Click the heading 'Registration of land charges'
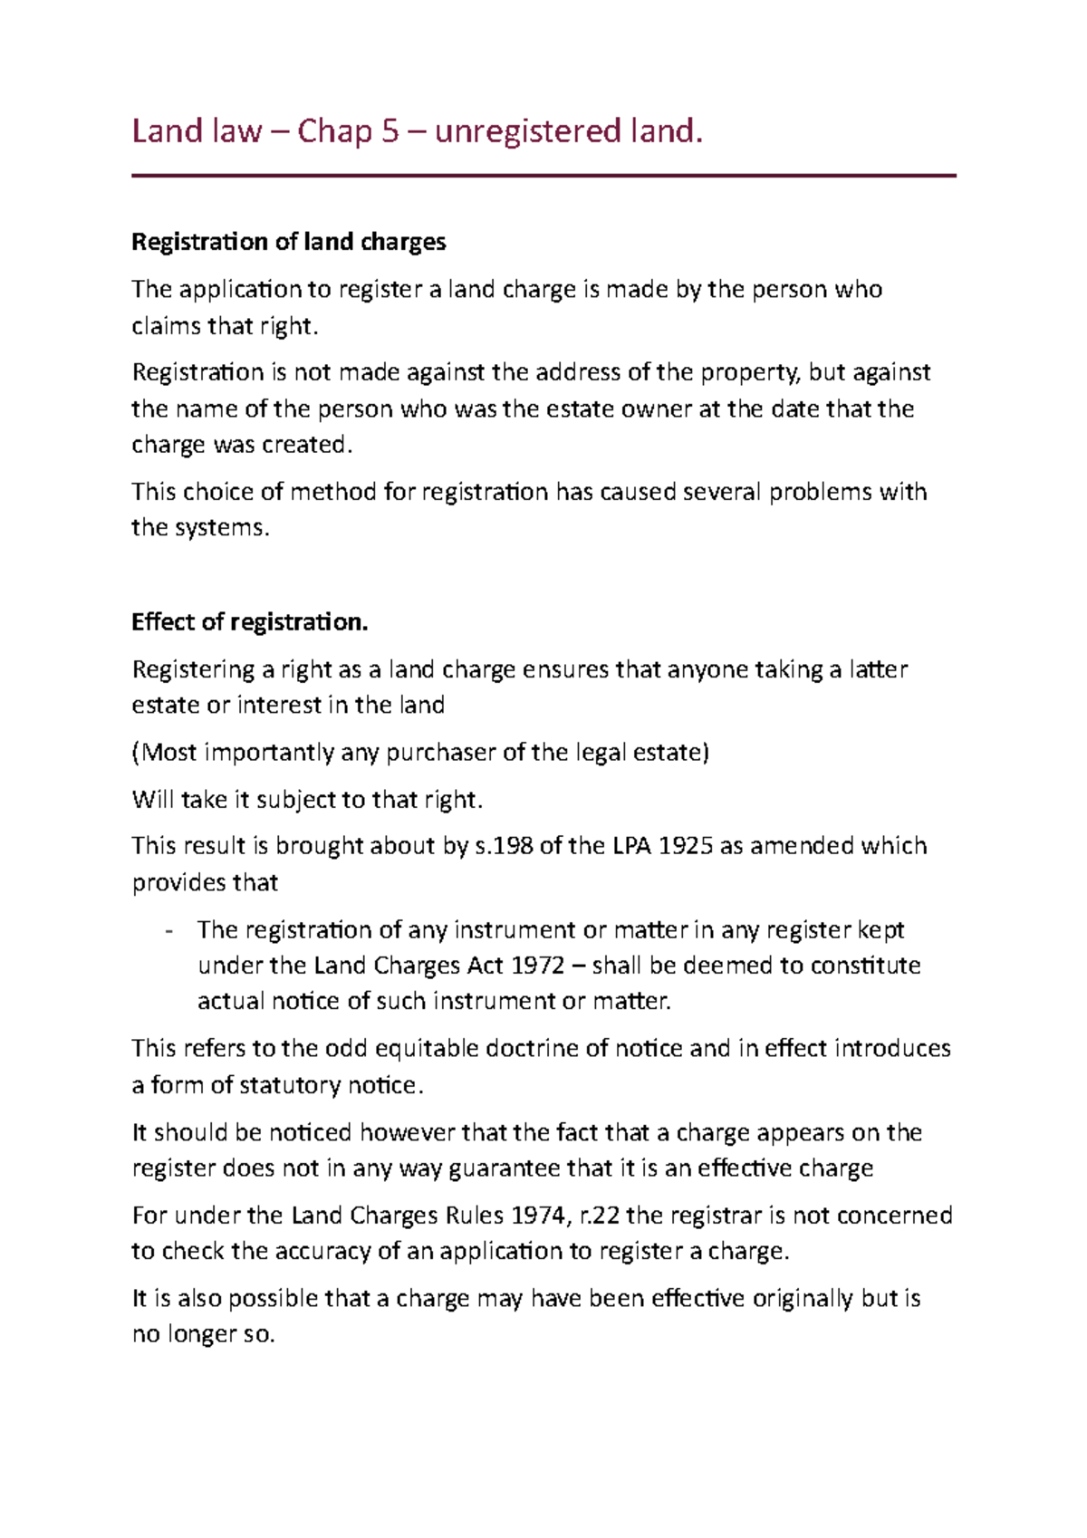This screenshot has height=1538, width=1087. coord(288,242)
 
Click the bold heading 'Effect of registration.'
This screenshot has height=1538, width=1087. coord(249,622)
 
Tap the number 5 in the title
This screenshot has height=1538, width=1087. coord(390,131)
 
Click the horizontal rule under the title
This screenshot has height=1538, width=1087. coord(543,176)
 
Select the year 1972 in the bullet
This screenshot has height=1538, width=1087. coord(538,966)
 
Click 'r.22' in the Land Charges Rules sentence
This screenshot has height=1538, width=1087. coord(599,1216)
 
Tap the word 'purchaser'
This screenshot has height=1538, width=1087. coord(440,753)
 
